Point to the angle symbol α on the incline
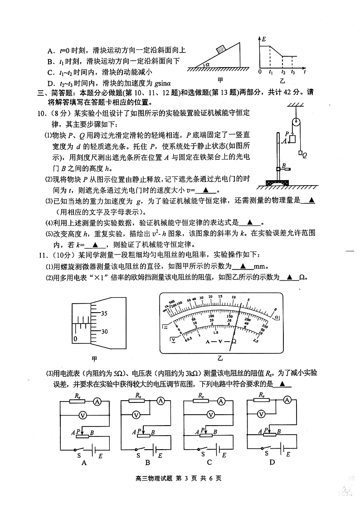207,64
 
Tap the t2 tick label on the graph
283,72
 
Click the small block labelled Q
300,154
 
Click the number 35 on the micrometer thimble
104,313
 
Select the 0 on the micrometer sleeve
75,339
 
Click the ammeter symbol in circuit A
97,401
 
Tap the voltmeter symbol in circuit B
136,414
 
